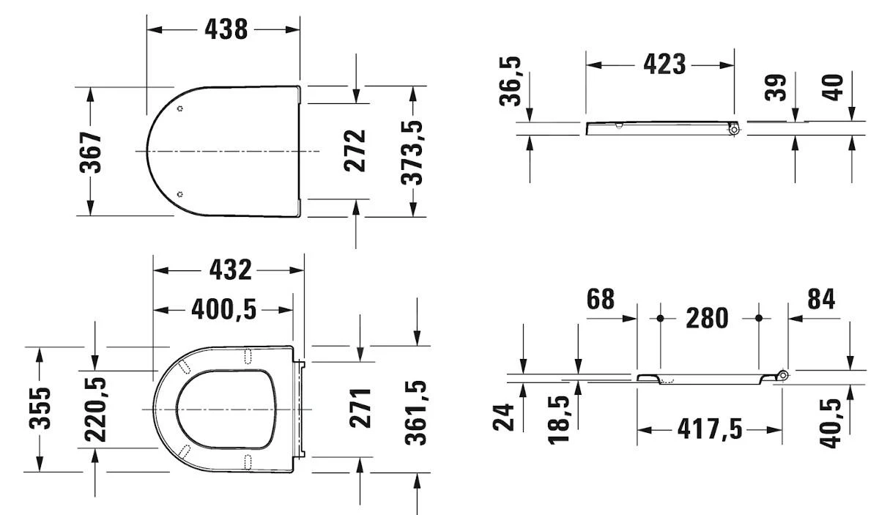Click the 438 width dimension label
(x=226, y=29)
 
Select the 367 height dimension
(x=92, y=152)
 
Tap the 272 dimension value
(x=355, y=151)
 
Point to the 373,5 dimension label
(x=414, y=152)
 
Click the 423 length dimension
(x=664, y=64)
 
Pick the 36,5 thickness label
(x=511, y=81)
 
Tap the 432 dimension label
(x=230, y=270)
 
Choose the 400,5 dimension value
(x=224, y=310)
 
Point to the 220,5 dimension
(x=95, y=409)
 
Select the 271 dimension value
(x=361, y=409)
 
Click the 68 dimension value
(x=600, y=299)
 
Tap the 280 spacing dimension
(x=708, y=319)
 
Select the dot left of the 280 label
(x=660, y=319)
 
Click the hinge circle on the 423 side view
(x=734, y=130)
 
